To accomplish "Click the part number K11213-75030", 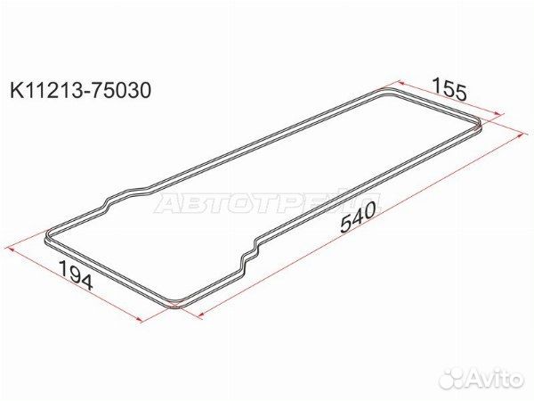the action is pyautogui.click(x=80, y=90).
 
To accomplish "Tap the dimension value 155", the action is pyautogui.click(x=449, y=89).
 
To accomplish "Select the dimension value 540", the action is pyautogui.click(x=360, y=217).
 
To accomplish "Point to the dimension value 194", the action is pyautogui.click(x=76, y=275).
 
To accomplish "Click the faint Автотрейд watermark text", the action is pyautogui.click(x=268, y=203).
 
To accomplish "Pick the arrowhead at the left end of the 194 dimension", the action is pyautogui.click(x=11, y=250).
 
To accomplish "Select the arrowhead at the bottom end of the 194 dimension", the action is pyautogui.click(x=138, y=319).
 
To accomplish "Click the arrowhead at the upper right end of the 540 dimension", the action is pyautogui.click(x=519, y=135).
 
